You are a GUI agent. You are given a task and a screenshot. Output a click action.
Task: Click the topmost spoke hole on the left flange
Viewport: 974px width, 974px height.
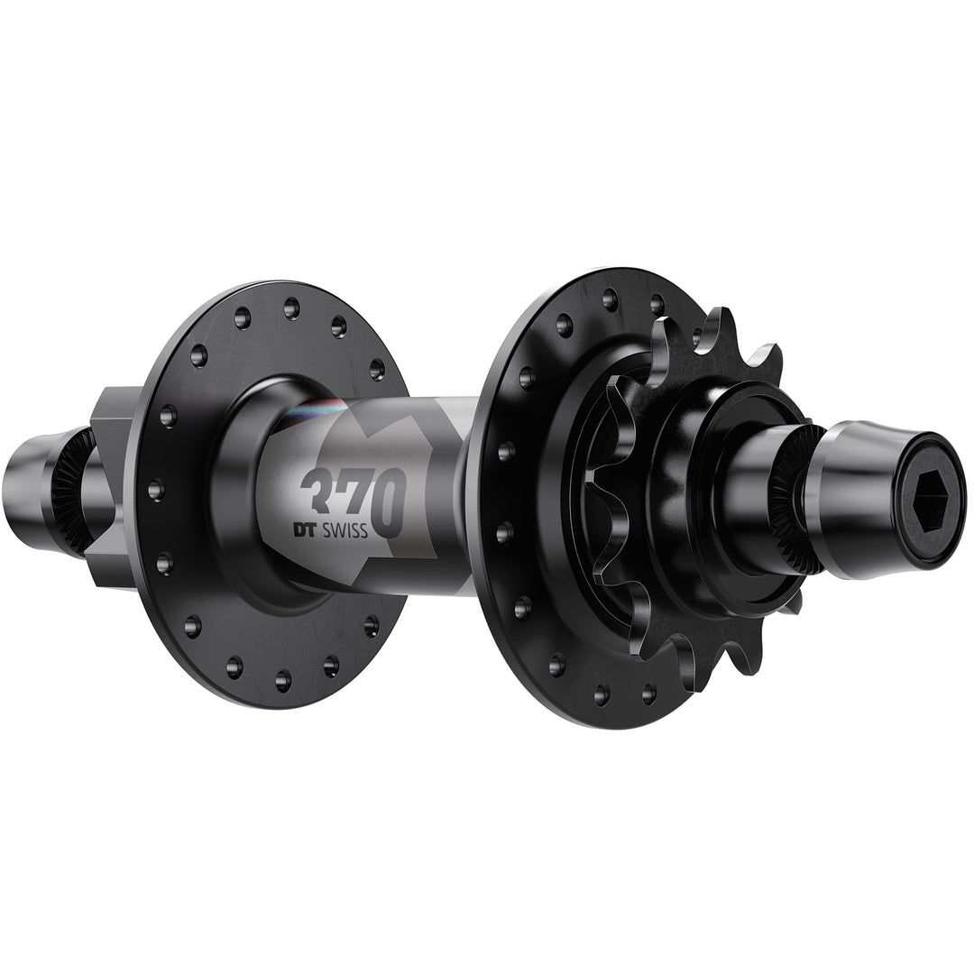[291, 308]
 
